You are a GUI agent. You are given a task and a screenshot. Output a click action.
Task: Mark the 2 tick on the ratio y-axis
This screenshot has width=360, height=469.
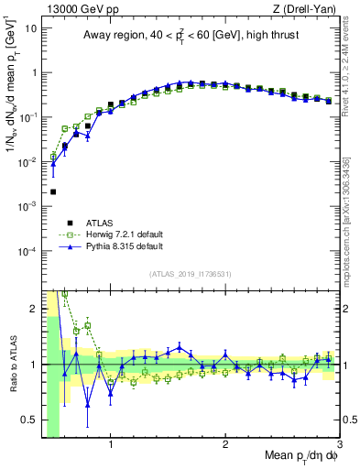tap(34, 308)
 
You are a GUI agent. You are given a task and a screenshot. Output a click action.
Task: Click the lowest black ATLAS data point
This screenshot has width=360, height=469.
tap(53, 191)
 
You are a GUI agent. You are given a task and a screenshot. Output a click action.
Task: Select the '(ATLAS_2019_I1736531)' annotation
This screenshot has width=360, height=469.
tap(191, 274)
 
